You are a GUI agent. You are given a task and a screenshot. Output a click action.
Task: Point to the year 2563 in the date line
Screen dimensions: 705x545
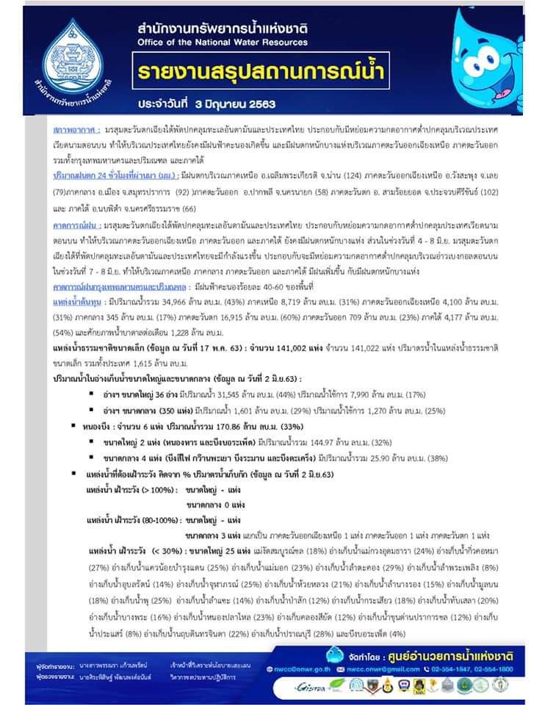pyautogui.click(x=266, y=104)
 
